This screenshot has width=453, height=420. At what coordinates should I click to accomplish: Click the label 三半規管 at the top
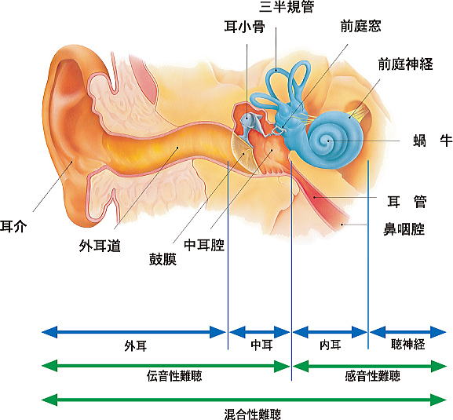(x=287, y=6)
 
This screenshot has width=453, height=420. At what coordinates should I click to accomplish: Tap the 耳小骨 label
(x=244, y=27)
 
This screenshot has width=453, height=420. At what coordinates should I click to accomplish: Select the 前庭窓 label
(x=360, y=26)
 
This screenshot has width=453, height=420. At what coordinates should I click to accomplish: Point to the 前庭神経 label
(x=406, y=64)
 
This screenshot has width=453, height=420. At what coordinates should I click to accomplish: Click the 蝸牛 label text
(x=433, y=141)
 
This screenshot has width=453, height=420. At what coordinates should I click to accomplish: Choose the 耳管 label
(x=407, y=202)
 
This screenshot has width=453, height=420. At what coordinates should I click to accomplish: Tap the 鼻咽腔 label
(x=404, y=229)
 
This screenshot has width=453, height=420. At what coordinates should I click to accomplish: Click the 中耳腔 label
(x=204, y=245)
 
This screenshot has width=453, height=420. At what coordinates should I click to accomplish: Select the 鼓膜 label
(x=163, y=259)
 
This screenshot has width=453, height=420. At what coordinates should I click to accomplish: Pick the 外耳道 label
(x=100, y=246)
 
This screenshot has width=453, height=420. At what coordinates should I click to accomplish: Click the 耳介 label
(x=13, y=226)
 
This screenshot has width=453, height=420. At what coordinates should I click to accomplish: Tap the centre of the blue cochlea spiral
(x=328, y=141)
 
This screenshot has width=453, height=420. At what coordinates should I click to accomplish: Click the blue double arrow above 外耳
(x=133, y=332)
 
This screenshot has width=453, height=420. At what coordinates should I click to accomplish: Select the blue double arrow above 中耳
(x=259, y=332)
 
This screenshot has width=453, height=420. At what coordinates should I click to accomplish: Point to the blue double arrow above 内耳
(x=330, y=332)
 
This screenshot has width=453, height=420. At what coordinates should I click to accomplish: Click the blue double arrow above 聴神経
(x=408, y=332)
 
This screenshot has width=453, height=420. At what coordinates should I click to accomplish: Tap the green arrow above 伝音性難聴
(x=166, y=367)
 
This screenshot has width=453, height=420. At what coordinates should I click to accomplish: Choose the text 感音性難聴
(x=373, y=376)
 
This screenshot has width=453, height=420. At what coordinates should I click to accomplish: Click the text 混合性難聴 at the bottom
(x=253, y=415)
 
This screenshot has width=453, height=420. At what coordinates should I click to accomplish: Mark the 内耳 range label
(x=331, y=345)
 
